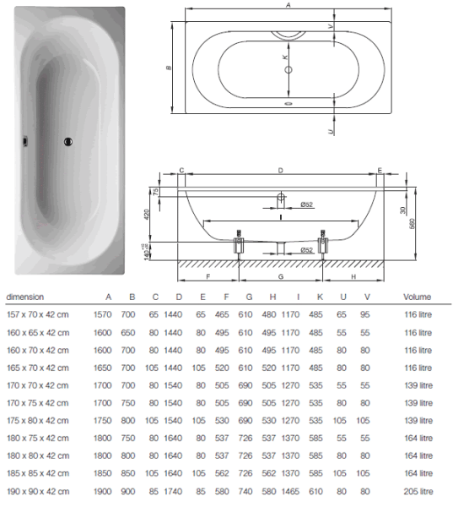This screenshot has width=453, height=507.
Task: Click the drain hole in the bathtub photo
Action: point(67,142)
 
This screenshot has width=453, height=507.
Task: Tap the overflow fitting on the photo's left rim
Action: point(24,141)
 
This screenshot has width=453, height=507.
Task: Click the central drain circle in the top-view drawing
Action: point(289,69)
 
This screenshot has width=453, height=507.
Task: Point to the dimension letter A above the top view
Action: point(289,4)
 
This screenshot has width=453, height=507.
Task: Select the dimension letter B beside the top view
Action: point(169,68)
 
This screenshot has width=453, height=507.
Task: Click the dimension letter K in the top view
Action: point(285,57)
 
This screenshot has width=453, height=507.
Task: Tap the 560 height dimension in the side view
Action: point(412,224)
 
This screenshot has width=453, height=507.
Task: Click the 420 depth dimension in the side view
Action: point(146,215)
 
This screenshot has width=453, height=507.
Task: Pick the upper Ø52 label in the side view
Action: point(306,204)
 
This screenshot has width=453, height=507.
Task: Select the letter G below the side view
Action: point(281,277)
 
